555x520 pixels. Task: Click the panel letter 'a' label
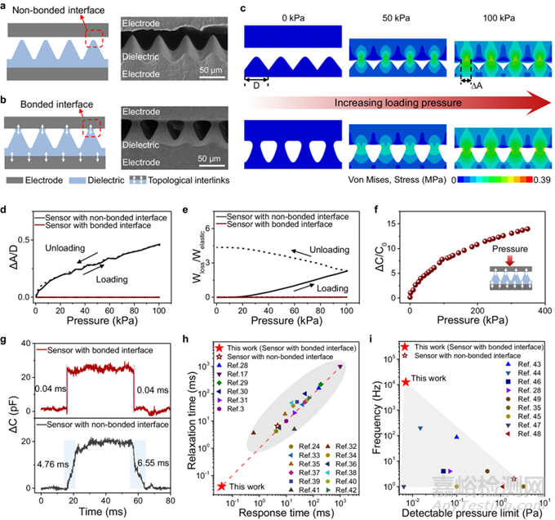tap(6, 7)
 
